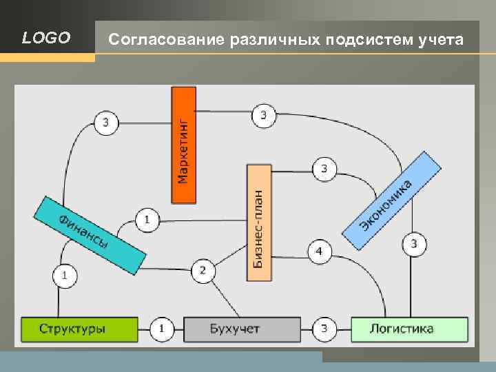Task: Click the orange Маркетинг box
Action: click(184, 145)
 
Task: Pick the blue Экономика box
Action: click(391, 200)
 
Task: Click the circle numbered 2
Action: click(203, 270)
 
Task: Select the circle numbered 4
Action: click(319, 251)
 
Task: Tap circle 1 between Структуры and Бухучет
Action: click(161, 329)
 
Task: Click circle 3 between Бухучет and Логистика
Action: click(325, 329)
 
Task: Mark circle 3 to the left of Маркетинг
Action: click(105, 123)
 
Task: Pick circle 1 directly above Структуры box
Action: click(65, 276)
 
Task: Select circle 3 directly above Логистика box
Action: click(413, 243)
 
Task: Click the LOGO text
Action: click(46, 38)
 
